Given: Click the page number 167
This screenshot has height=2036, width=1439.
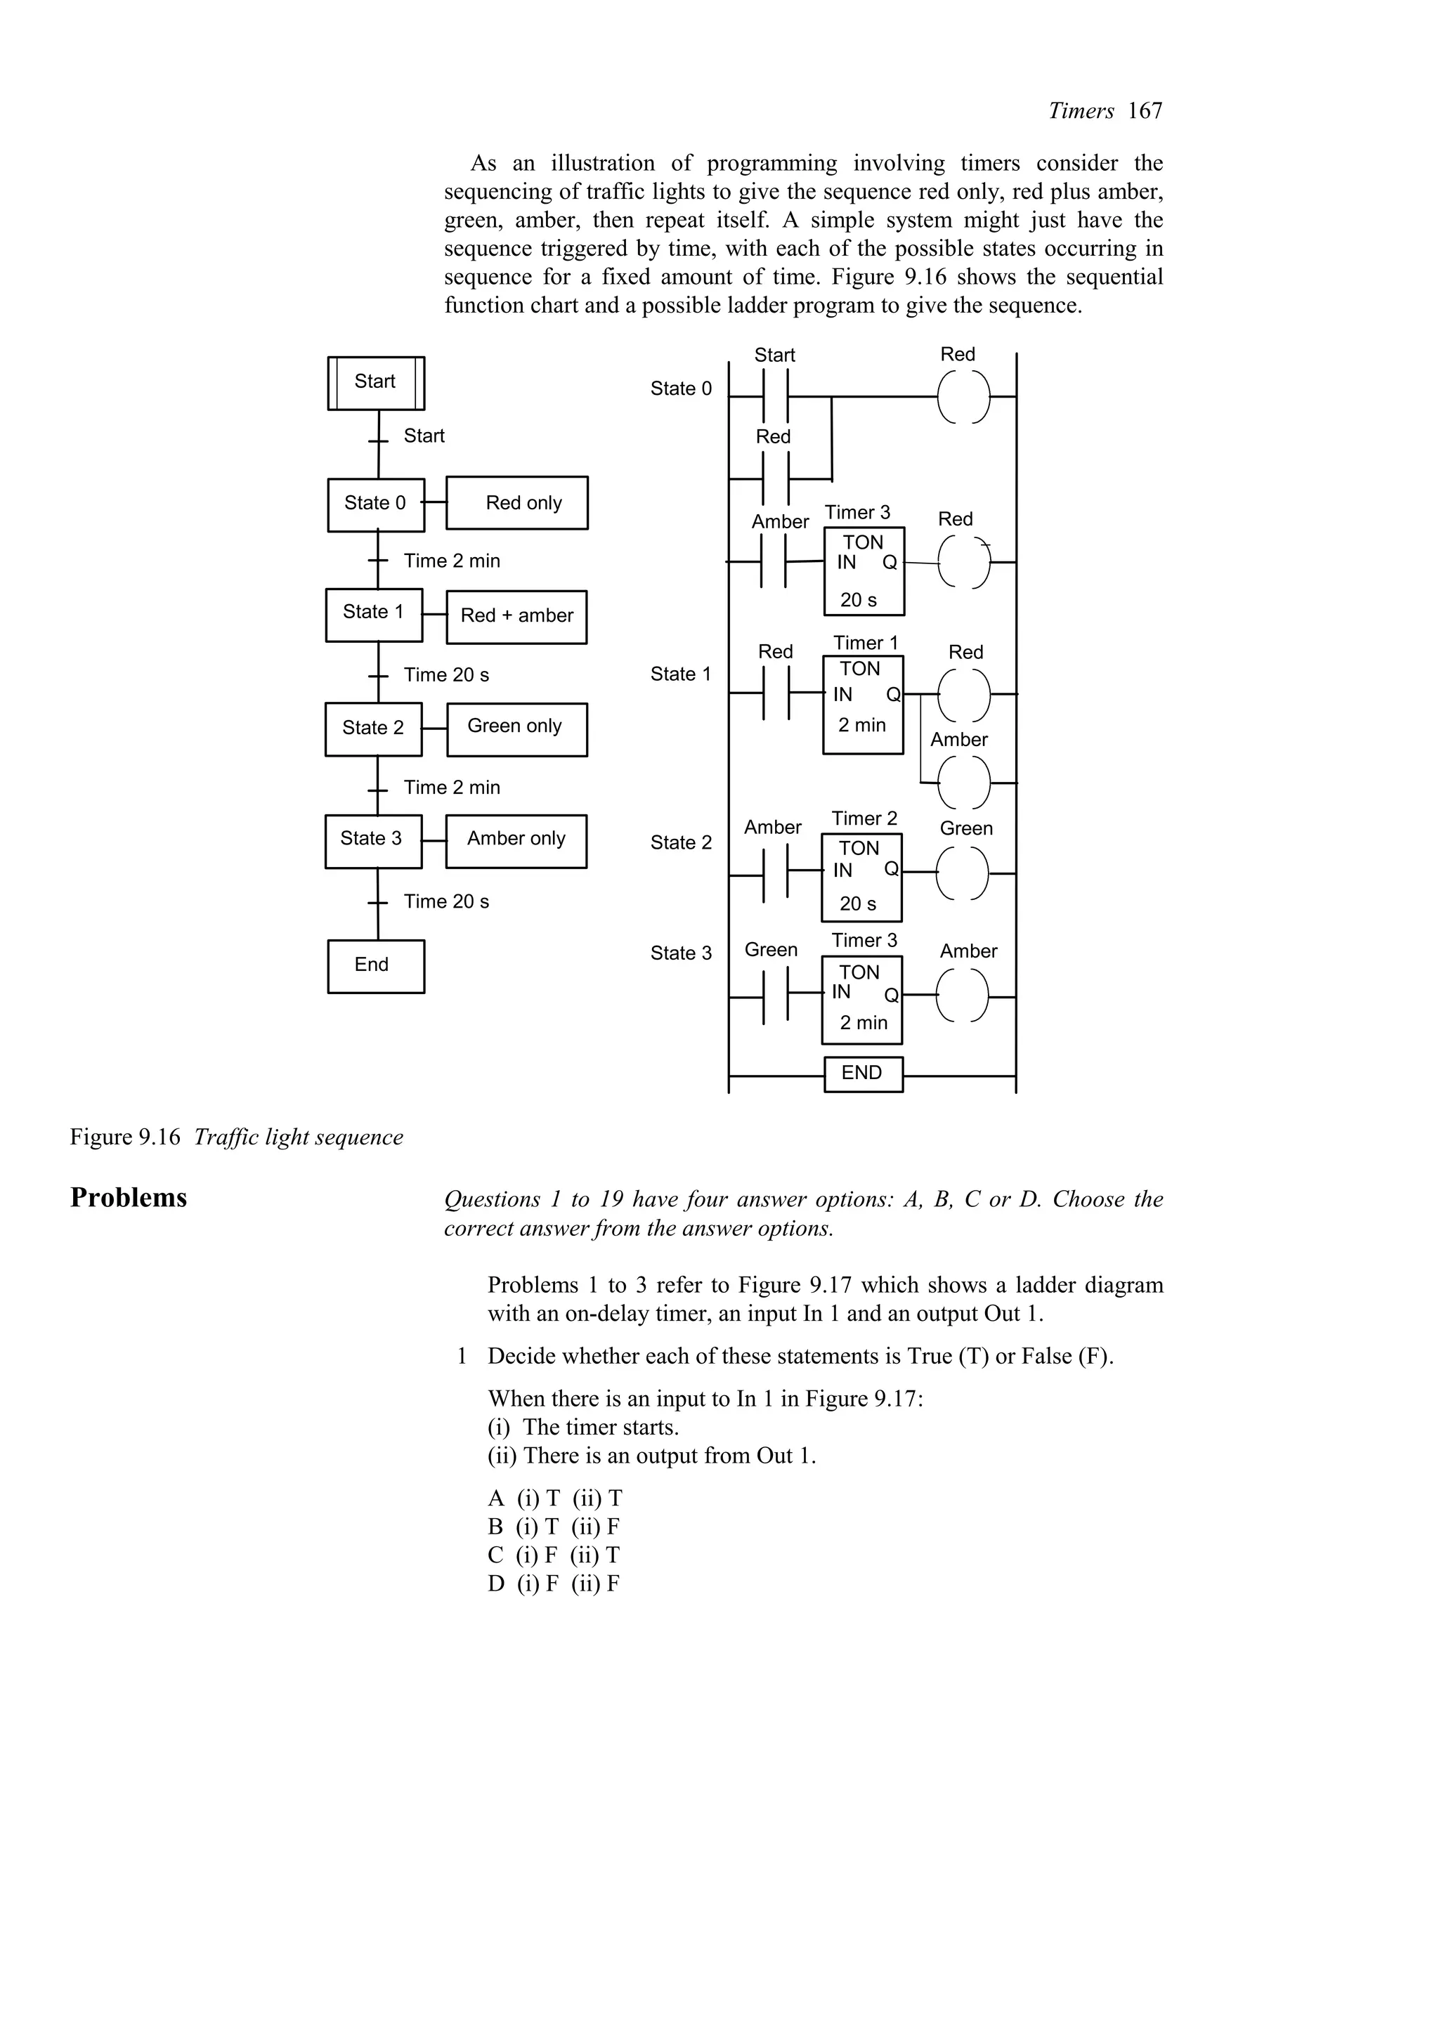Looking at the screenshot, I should [1145, 111].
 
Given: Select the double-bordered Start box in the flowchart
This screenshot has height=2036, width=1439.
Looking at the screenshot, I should [376, 383].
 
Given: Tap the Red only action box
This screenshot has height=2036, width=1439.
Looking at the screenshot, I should [517, 503].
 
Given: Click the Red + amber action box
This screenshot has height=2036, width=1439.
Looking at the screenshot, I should [517, 616].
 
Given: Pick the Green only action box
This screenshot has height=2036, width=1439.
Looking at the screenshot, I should [517, 729].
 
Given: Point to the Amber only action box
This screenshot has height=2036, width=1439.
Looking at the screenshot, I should [516, 841].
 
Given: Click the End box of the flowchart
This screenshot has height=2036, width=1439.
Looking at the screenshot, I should [376, 966].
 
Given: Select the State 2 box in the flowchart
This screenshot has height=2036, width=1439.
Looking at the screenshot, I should [373, 729].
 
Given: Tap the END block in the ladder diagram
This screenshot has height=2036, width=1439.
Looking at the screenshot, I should [863, 1074].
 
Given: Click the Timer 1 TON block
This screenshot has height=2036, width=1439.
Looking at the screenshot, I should [863, 705].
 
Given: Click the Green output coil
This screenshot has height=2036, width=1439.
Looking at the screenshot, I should [963, 873].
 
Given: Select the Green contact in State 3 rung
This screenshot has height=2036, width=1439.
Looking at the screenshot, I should [775, 997].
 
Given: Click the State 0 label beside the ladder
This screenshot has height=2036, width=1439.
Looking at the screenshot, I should [681, 389].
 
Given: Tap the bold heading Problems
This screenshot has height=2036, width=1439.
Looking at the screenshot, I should [129, 1198].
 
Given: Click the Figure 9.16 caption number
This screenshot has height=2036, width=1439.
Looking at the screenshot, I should [125, 1137].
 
